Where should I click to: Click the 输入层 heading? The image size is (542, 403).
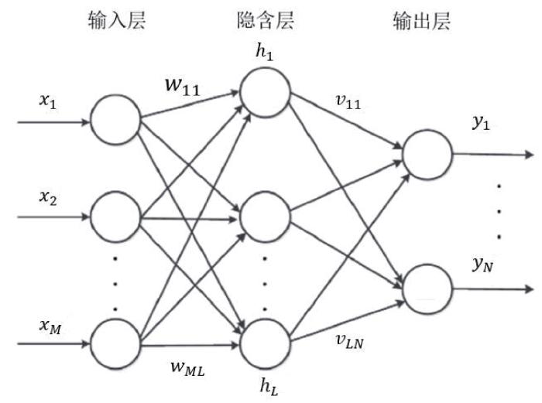(117, 22)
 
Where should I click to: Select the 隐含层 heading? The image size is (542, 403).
(266, 22)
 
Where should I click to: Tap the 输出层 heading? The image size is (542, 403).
(422, 22)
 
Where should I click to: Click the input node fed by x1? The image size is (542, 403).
(115, 121)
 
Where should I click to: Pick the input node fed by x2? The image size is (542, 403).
(115, 217)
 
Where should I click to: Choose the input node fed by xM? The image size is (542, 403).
(115, 338)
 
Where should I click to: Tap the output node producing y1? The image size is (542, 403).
(427, 153)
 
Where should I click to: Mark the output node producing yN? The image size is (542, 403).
(427, 289)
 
